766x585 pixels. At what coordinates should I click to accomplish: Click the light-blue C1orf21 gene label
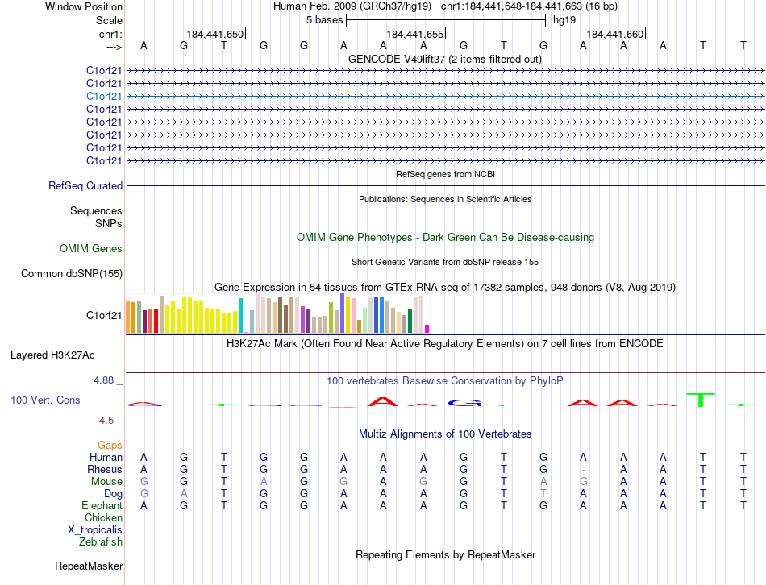point(104,96)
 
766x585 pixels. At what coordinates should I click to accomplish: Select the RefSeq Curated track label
point(85,185)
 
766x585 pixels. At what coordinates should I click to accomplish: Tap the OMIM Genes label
point(91,249)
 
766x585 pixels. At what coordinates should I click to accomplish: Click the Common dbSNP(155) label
point(72,274)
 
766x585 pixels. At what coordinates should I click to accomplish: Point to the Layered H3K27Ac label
point(52,355)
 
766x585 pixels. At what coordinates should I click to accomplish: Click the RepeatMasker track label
point(89,566)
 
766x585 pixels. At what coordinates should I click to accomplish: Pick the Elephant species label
point(102,506)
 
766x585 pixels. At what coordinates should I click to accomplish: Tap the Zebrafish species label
point(102,542)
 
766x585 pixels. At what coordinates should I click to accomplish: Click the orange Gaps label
point(110,445)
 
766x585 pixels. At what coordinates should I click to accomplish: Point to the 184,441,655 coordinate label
point(415,35)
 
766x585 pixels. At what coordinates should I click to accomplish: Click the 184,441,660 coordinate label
point(615,35)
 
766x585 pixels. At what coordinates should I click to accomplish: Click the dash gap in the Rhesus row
point(583,470)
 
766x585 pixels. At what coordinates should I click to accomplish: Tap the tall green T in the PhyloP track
point(701,399)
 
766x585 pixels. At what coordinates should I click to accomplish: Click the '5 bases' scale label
point(324,19)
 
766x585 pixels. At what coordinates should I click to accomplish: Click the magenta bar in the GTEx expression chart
point(427,328)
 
